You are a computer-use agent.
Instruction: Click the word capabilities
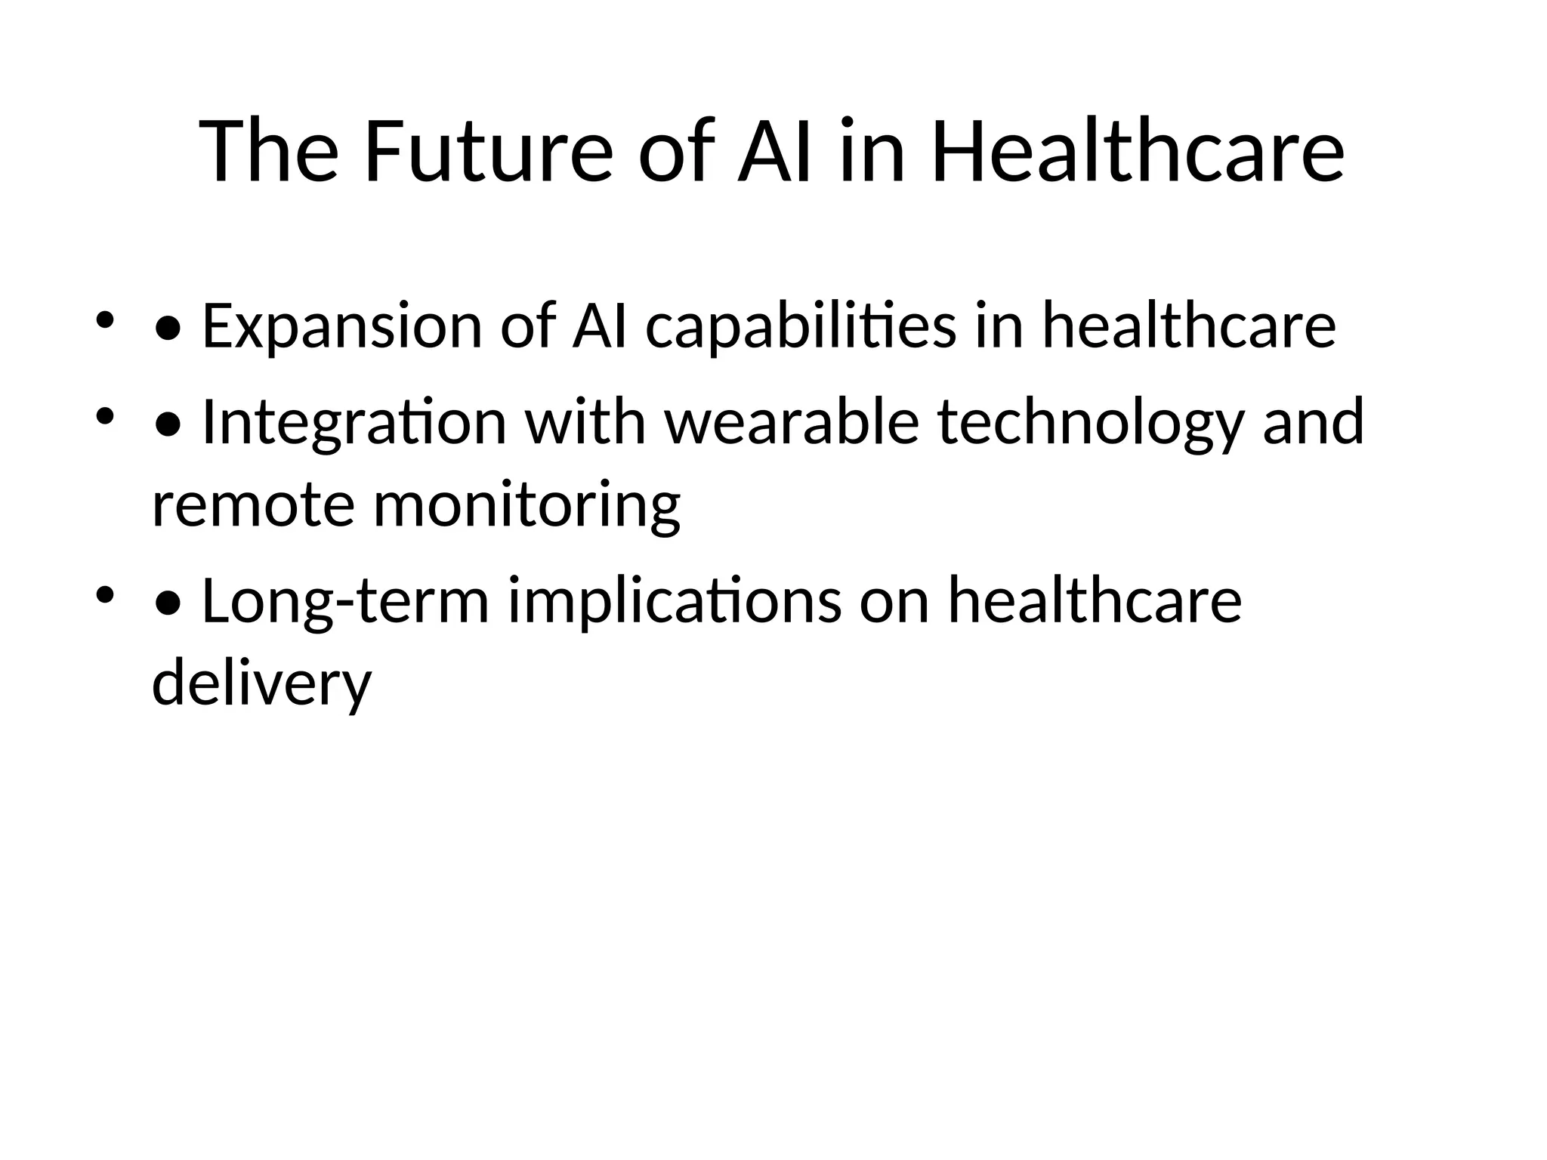pyautogui.click(x=801, y=326)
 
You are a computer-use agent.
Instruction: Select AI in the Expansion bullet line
pyautogui.click(x=600, y=326)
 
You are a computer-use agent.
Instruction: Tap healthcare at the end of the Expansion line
pyautogui.click(x=1189, y=326)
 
